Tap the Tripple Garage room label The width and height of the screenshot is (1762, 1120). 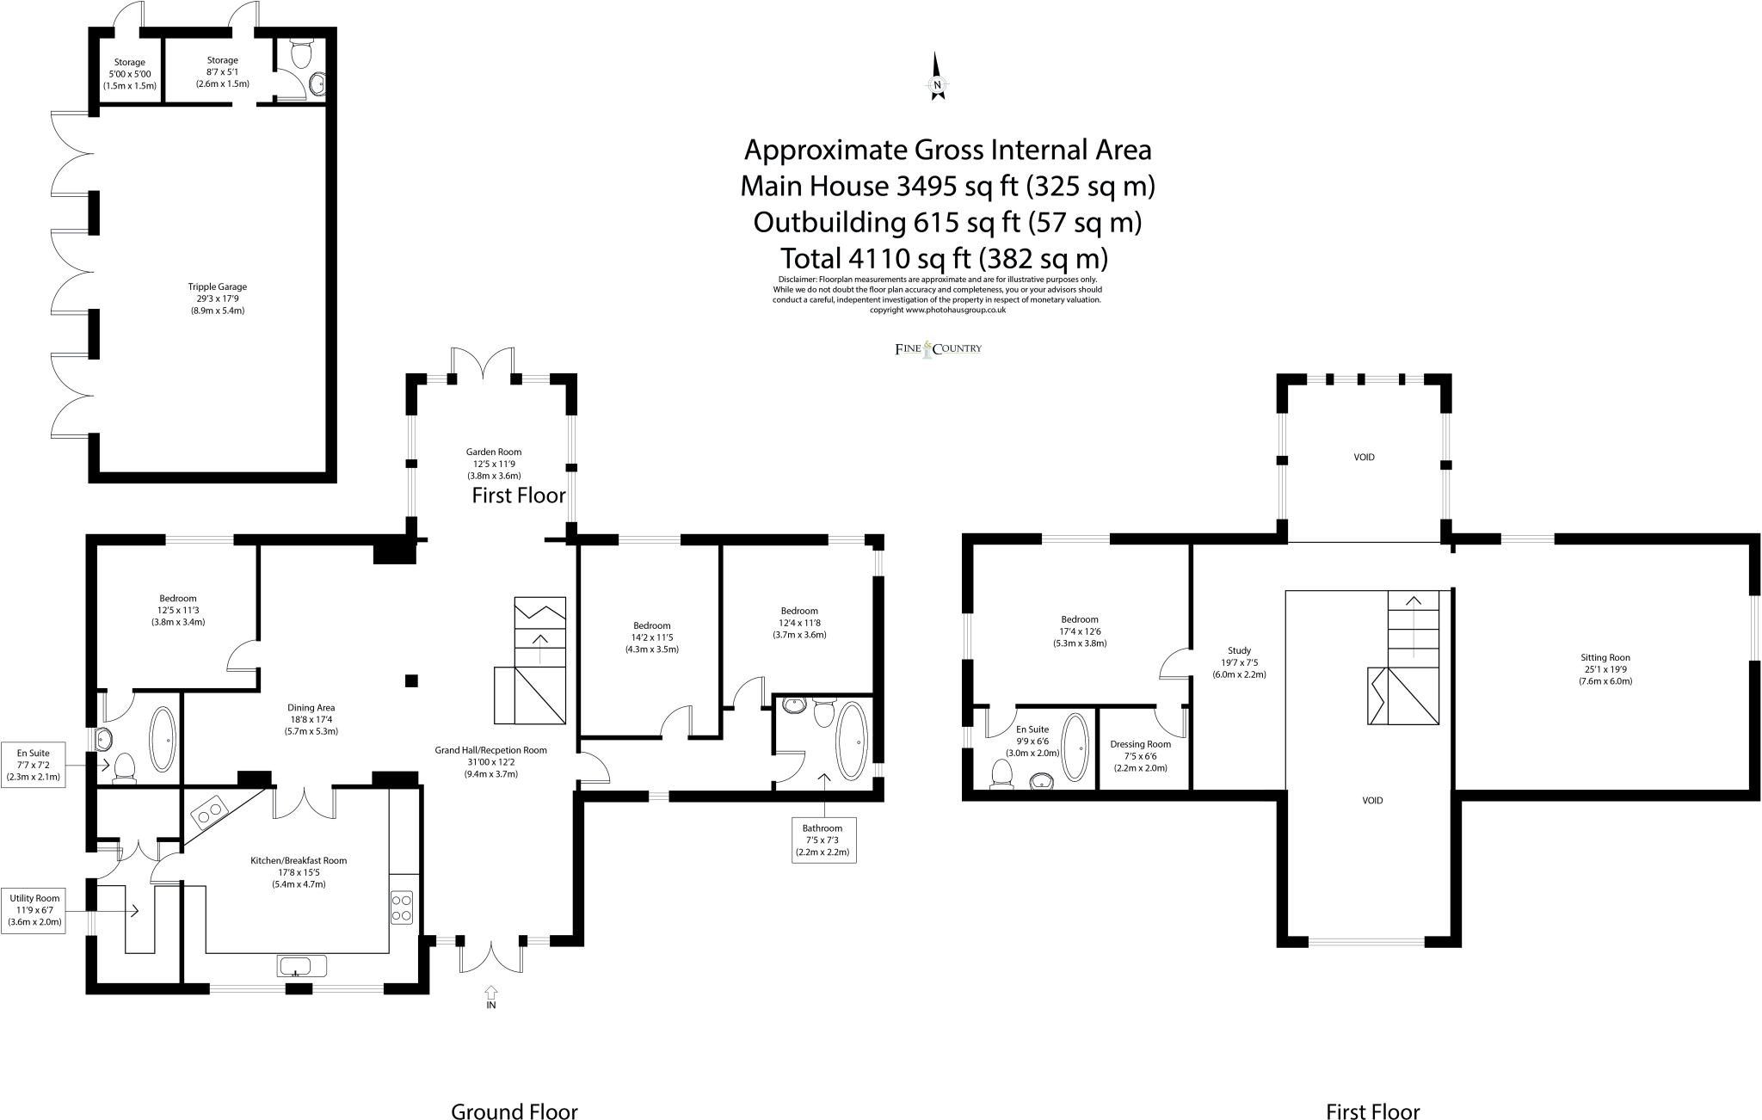tap(218, 298)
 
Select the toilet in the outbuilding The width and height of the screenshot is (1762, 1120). tap(301, 53)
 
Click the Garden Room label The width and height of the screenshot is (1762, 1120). tap(494, 464)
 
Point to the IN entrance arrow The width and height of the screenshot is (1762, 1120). tap(491, 997)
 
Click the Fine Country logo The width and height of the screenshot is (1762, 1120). tap(939, 348)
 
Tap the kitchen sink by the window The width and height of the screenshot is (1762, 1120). tap(302, 965)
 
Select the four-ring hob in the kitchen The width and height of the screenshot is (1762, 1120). tap(402, 908)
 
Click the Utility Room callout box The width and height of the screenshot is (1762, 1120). tap(35, 910)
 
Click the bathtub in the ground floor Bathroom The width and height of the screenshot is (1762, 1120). tap(853, 742)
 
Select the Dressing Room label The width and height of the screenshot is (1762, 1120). tap(1141, 756)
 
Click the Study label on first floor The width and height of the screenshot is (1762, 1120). tap(1239, 662)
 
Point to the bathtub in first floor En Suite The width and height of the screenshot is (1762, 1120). tap(1075, 747)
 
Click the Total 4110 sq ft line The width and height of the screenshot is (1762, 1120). tap(943, 258)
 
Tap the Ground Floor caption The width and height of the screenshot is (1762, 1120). tap(514, 1111)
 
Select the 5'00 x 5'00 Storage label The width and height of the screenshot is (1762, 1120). tap(130, 74)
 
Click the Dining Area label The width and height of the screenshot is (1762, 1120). tap(311, 720)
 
